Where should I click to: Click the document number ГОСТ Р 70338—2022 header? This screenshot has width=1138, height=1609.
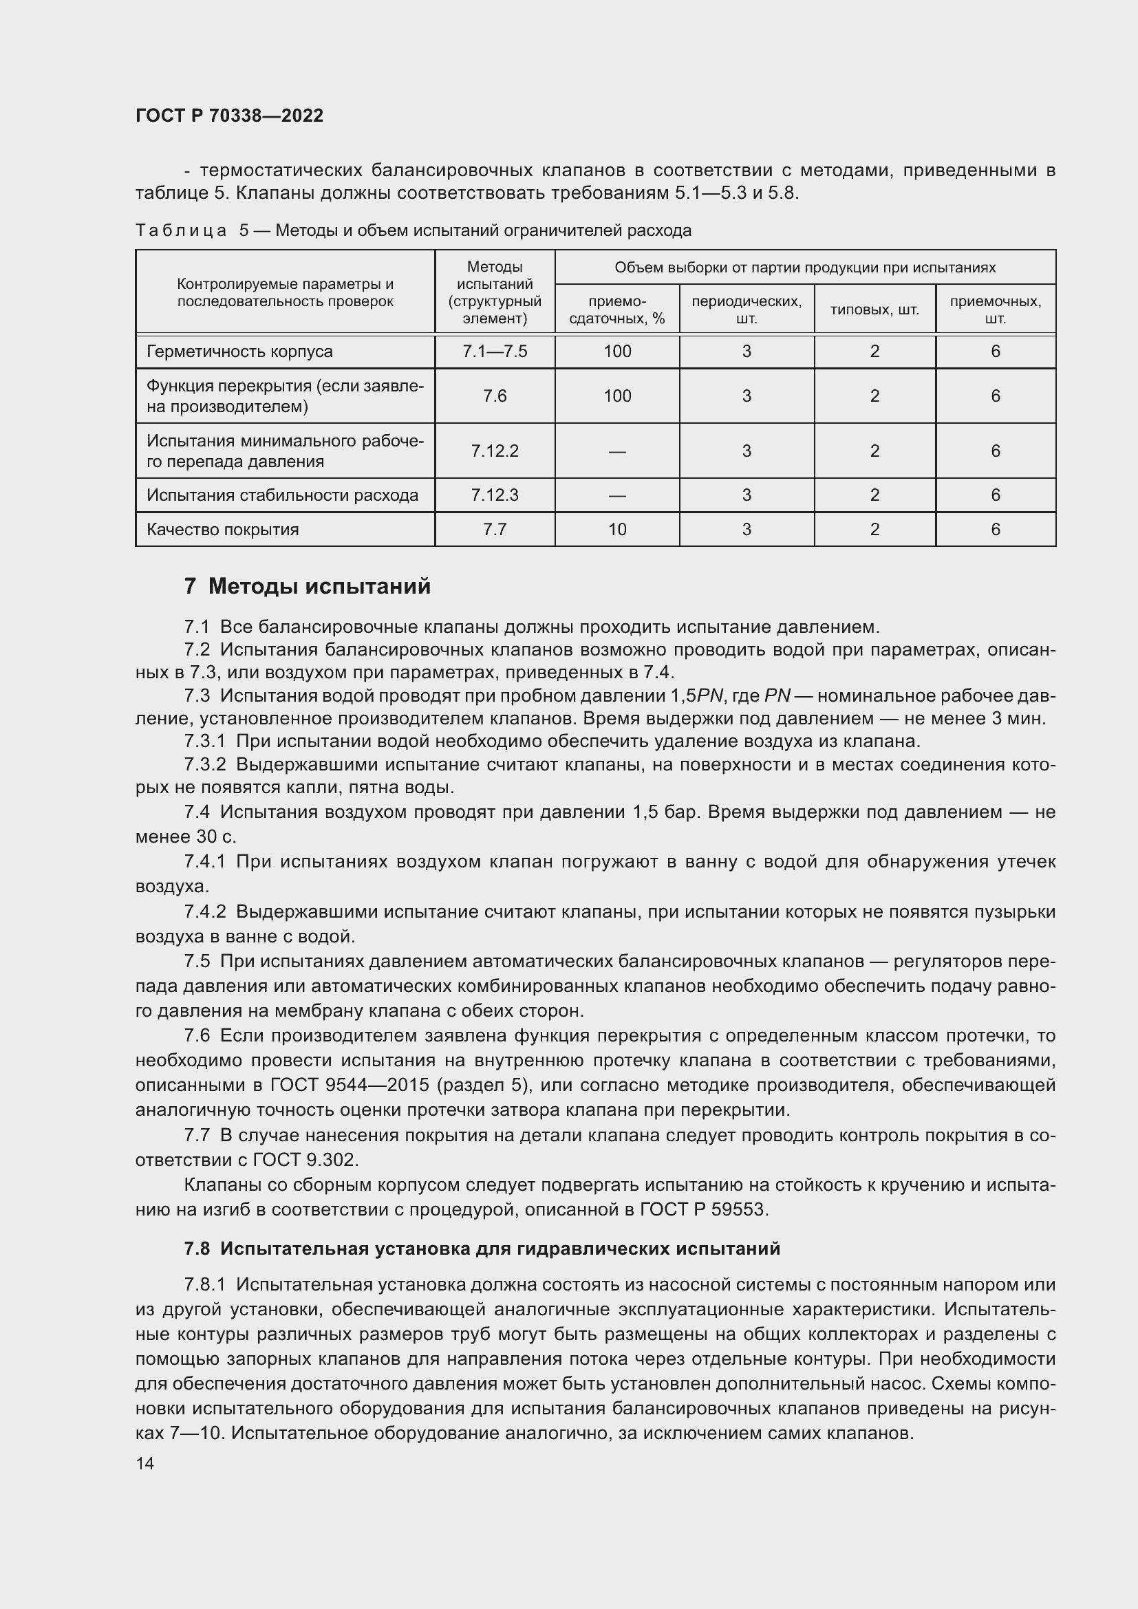(229, 116)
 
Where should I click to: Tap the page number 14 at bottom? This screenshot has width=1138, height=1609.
(145, 1463)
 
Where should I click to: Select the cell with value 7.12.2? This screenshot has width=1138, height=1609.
(494, 451)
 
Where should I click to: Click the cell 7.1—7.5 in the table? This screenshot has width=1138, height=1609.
(494, 351)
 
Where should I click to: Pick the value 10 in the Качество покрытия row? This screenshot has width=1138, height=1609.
(616, 529)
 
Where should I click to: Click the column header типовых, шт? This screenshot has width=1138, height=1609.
(874, 310)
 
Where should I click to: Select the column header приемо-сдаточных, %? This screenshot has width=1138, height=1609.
(616, 310)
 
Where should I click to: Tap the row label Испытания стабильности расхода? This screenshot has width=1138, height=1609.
(281, 495)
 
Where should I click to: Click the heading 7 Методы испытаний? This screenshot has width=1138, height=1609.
(308, 586)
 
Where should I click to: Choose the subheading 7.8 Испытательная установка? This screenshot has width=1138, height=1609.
(482, 1248)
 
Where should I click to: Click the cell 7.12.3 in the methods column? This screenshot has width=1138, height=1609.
(494, 495)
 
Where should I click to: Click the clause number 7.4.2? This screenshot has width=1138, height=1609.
(205, 911)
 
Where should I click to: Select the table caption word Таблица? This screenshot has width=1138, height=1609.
(181, 230)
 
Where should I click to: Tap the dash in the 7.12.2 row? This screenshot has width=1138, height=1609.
(616, 451)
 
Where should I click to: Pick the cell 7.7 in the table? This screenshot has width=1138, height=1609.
(494, 529)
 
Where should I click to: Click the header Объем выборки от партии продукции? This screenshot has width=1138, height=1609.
(804, 268)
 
